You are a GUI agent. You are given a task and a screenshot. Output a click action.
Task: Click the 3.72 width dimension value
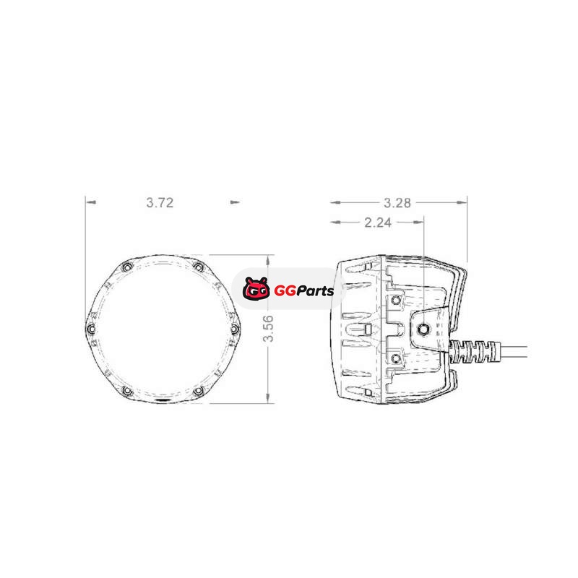pos(160,202)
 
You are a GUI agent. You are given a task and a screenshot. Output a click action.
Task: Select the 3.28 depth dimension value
pos(397,203)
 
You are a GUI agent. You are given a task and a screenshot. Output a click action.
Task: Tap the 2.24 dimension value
pos(378,223)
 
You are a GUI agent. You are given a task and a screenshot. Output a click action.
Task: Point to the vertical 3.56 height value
pos(269,329)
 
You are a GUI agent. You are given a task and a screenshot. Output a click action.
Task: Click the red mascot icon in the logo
pos(256,288)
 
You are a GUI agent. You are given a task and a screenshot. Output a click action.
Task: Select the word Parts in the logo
pos(315,291)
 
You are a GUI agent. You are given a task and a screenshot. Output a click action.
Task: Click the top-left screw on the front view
pos(126,267)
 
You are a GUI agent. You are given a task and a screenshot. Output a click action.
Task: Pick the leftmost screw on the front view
pos(90,329)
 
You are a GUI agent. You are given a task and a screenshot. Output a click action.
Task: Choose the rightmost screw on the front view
pos(235,328)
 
